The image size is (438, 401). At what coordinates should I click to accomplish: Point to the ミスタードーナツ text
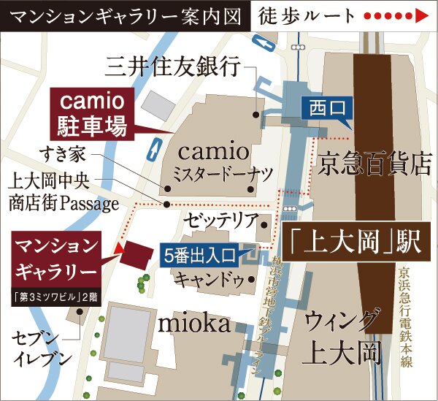(x=212, y=174)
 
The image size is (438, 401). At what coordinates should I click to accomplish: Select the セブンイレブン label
(x=42, y=348)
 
